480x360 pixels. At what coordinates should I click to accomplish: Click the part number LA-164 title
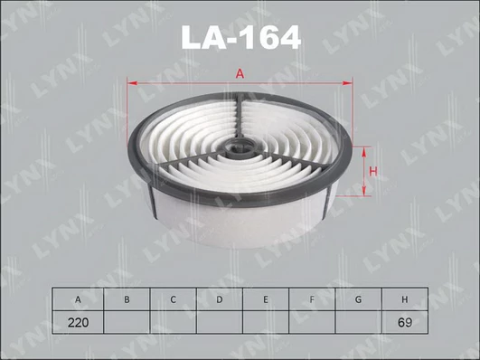pyautogui.click(x=241, y=37)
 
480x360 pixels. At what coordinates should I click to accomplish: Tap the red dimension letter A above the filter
pyautogui.click(x=240, y=74)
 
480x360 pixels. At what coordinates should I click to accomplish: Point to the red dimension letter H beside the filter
pyautogui.click(x=372, y=172)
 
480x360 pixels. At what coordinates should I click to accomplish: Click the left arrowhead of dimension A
pyautogui.click(x=132, y=82)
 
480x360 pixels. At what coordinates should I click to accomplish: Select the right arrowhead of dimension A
pyautogui.click(x=347, y=82)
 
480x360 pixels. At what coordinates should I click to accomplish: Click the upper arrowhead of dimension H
pyautogui.click(x=364, y=152)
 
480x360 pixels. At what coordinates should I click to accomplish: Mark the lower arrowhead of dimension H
pyautogui.click(x=364, y=191)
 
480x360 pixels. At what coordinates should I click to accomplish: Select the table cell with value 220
pyautogui.click(x=78, y=322)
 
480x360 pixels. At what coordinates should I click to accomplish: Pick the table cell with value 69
pyautogui.click(x=405, y=322)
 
